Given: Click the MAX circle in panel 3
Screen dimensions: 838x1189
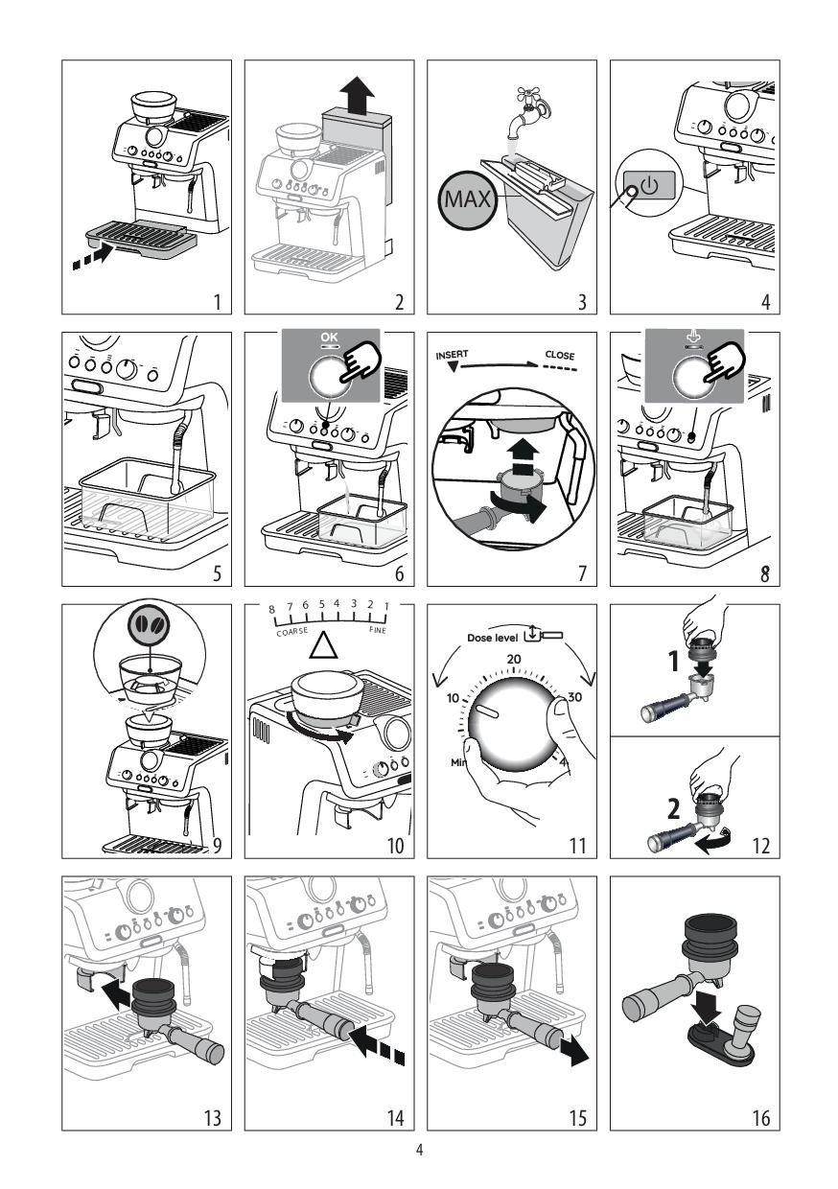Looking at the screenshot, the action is click(467, 199).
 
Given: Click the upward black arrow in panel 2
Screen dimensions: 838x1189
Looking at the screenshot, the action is click(358, 95).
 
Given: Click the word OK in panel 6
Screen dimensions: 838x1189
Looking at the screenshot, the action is click(329, 338).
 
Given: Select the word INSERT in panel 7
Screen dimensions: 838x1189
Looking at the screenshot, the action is click(453, 355).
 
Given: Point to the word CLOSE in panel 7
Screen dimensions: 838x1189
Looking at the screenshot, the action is click(559, 355).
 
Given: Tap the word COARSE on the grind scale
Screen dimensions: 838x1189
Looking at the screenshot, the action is click(291, 631).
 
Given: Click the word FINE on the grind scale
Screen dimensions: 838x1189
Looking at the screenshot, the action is click(378, 630).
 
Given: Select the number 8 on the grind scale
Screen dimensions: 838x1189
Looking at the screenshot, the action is click(272, 610).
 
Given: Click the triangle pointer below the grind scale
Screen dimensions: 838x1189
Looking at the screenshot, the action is click(324, 645).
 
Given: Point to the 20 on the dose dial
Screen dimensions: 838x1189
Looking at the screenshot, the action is click(514, 659).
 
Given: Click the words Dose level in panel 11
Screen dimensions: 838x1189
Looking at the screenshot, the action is click(492, 638).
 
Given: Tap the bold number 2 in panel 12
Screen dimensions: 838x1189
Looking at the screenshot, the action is click(673, 809).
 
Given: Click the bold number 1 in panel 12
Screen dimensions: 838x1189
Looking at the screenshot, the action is click(674, 662).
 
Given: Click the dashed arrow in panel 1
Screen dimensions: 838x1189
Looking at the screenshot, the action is click(93, 256).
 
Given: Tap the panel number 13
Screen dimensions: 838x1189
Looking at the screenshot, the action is click(213, 1118).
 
